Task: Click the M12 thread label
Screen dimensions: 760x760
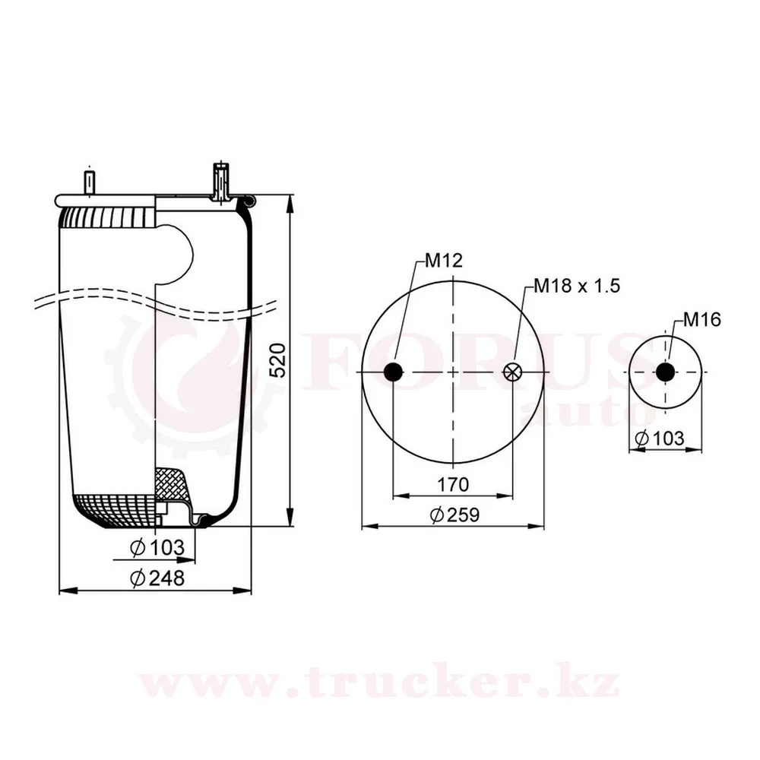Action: [x=444, y=261]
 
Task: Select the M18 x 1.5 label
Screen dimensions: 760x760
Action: [x=577, y=286]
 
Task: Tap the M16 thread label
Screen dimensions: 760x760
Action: [x=701, y=319]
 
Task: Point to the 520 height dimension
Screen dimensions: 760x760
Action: [x=277, y=360]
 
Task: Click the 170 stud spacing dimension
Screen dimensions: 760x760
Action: [x=453, y=484]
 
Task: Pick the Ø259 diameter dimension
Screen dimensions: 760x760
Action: [x=454, y=515]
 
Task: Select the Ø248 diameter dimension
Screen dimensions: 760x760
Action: [x=157, y=578]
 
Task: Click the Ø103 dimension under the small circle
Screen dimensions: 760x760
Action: [x=659, y=439]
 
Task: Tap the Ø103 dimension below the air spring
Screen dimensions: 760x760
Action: [x=157, y=548]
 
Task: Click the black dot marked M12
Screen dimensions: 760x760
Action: [x=393, y=372]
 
